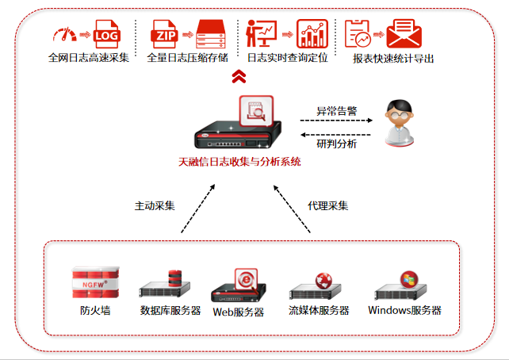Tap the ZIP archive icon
pyautogui.click(x=165, y=34)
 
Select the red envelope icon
pyautogui.click(x=404, y=34)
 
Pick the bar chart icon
pyautogui.click(x=312, y=34)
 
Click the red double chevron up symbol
pyautogui.click(x=239, y=77)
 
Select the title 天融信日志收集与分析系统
pyautogui.click(x=239, y=162)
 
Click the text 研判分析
pyautogui.click(x=336, y=144)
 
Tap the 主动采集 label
pyautogui.click(x=155, y=205)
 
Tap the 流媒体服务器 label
pyautogui.click(x=319, y=310)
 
